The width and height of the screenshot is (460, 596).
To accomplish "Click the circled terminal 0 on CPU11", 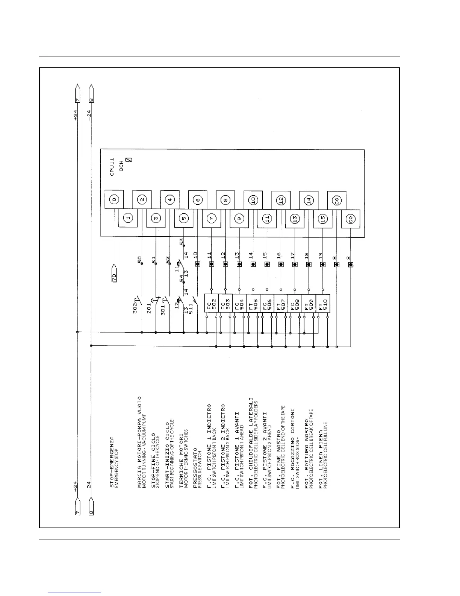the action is coord(114,200).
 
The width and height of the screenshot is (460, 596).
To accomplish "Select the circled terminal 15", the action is coord(322,219).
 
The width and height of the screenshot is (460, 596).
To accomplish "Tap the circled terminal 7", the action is coord(211,219).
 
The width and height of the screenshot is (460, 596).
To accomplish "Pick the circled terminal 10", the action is coord(253,200).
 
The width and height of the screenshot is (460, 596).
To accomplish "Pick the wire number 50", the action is coord(140,260).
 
